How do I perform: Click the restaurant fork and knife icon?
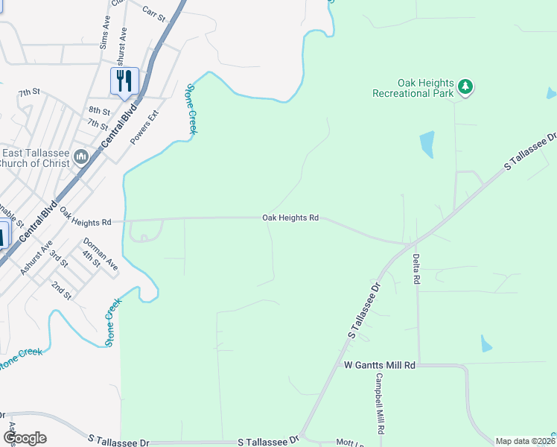coord(124,80)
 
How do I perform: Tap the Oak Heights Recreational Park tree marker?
coord(466,87)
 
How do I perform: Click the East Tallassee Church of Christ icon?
coord(81,156)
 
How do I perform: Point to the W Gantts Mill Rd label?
coord(379,365)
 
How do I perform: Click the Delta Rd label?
coord(416,268)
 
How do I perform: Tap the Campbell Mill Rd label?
coord(379,403)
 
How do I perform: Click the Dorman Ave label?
coord(101,253)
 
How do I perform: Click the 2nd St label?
coord(61,290)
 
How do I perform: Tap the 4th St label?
coord(91,259)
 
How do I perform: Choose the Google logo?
coord(24,438)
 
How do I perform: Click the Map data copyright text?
coord(524,441)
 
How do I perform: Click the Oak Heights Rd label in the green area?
coord(290,218)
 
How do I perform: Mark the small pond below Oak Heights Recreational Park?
coord(427,145)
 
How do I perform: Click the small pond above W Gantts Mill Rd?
coord(486,343)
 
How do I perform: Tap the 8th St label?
coord(99,110)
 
